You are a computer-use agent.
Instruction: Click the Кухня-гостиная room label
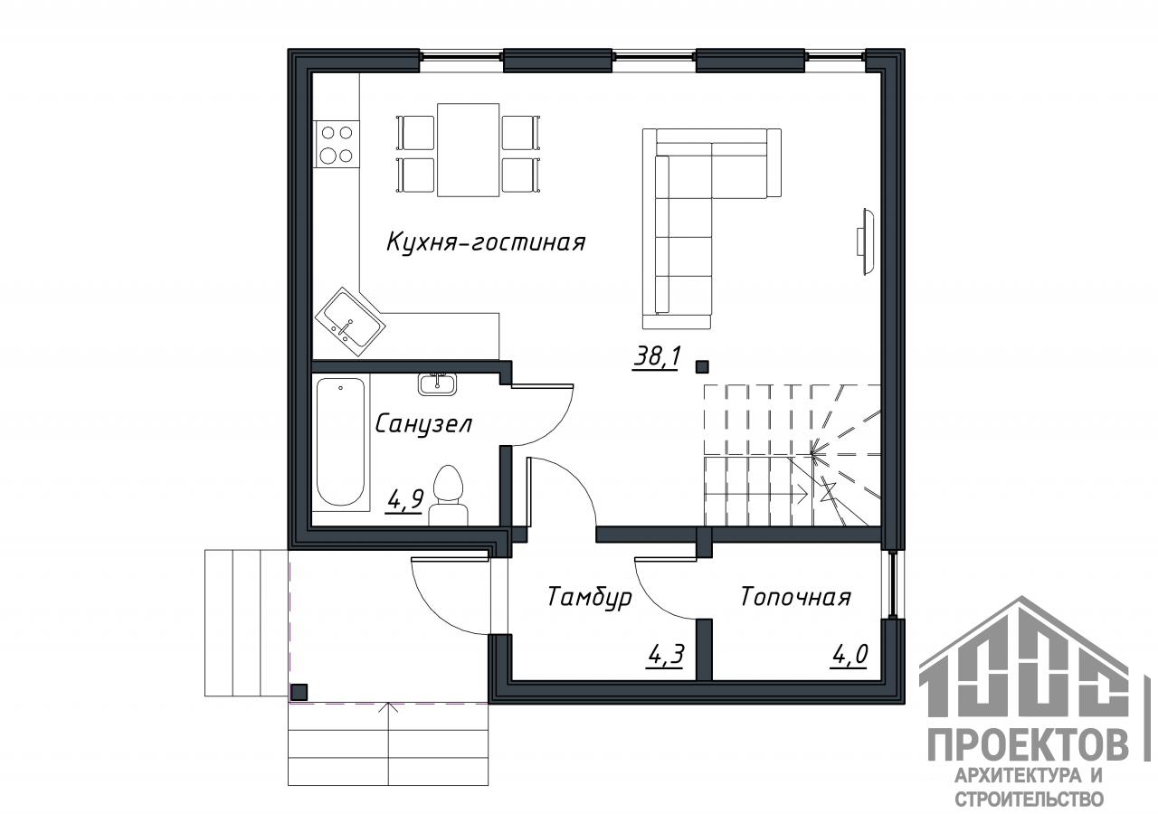pos(486,242)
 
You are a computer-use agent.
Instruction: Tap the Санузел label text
pos(422,425)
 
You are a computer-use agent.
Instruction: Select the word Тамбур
pos(589,598)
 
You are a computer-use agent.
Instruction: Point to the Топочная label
pos(795,598)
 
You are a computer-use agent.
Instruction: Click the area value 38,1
pos(656,357)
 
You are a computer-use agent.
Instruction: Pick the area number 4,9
pos(404,500)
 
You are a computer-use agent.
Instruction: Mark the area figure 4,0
pos(849,656)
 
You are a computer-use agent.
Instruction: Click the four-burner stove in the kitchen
pos(337,144)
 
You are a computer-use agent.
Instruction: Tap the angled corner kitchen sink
pos(350,321)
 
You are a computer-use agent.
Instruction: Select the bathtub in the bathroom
pos(341,442)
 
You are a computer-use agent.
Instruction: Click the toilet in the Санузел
pos(448,495)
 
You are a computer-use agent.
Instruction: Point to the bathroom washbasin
pos(437,383)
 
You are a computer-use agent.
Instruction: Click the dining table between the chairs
pos(469,150)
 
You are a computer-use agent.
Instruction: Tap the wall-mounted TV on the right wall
pos(866,241)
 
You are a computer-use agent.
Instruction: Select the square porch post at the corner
pos(299,692)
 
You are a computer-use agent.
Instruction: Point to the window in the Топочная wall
pos(893,584)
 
